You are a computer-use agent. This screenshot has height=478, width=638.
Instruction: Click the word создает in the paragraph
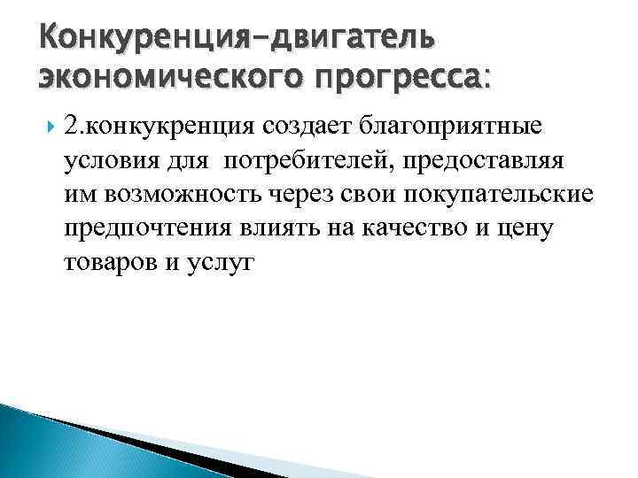(307, 127)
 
